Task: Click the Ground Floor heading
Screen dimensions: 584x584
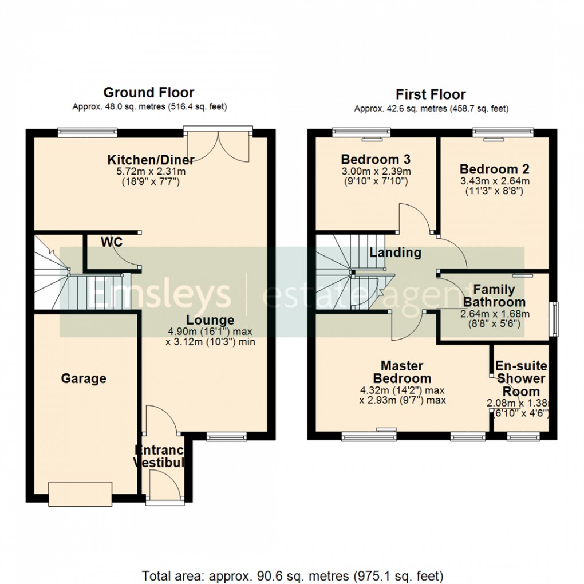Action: [148, 93]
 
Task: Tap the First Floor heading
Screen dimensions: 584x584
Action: [431, 94]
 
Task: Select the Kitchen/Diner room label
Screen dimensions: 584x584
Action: [151, 159]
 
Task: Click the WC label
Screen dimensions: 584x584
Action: [112, 242]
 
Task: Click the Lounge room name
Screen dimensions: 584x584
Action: [210, 320]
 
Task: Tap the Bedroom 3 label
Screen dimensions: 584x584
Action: [375, 159]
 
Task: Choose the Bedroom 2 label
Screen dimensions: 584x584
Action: [494, 169]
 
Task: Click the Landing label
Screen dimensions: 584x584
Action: [395, 252]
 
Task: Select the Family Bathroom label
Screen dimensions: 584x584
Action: [494, 296]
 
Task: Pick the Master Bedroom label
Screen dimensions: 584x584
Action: [402, 372]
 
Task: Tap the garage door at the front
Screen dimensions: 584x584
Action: [80, 494]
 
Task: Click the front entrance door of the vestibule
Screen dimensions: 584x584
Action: [161, 486]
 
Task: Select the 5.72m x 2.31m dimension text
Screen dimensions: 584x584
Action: [151, 171]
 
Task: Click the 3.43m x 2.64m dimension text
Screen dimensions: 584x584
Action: [494, 181]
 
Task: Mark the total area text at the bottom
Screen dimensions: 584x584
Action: [292, 575]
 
